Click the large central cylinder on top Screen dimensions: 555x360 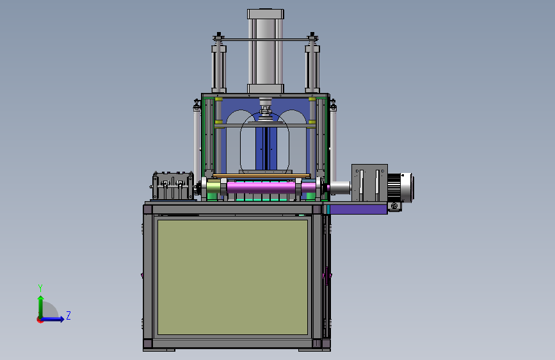(266, 51)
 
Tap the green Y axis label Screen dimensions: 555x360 (40, 288)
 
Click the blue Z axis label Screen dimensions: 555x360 (68, 315)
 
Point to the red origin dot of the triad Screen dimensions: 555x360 (40, 320)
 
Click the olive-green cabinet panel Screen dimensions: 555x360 (232, 277)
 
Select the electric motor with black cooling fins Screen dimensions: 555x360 (400, 188)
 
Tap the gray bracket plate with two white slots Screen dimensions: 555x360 (369, 183)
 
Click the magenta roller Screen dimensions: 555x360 (261, 187)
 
